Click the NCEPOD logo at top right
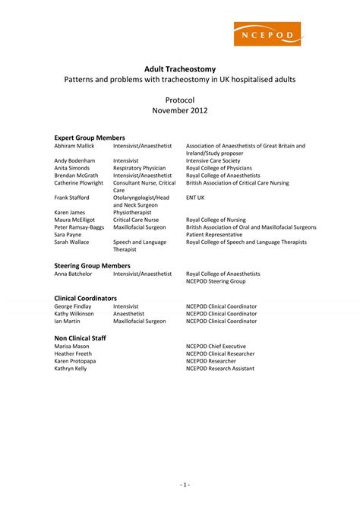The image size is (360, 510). pos(269,35)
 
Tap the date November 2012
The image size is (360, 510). pos(180,111)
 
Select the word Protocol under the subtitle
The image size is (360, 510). pos(180,100)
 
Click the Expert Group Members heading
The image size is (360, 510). pos(89,137)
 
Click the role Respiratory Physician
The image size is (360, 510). pos(139,168)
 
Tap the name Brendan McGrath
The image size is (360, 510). pos(76,176)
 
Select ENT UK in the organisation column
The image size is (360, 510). pos(195,198)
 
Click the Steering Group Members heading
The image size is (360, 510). pos(92,265)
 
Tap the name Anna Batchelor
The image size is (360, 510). pos(74,274)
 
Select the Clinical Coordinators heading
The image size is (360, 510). pos(85,298)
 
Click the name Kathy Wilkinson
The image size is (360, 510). pos(74,313)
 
